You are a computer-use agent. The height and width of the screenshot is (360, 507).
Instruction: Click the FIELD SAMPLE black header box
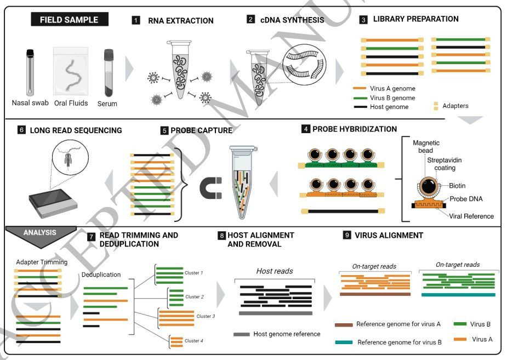[69, 20]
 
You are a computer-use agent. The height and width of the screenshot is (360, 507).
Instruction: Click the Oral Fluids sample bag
[70, 71]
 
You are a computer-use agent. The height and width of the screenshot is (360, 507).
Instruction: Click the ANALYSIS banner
[39, 232]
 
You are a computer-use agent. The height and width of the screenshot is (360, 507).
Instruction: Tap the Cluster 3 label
[206, 316]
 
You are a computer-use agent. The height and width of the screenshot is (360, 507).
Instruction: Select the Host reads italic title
[274, 271]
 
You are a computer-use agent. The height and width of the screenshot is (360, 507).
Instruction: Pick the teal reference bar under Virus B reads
[458, 294]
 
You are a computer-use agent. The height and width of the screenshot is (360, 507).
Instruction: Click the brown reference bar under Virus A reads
[375, 294]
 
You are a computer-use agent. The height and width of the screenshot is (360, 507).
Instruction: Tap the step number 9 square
[346, 235]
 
